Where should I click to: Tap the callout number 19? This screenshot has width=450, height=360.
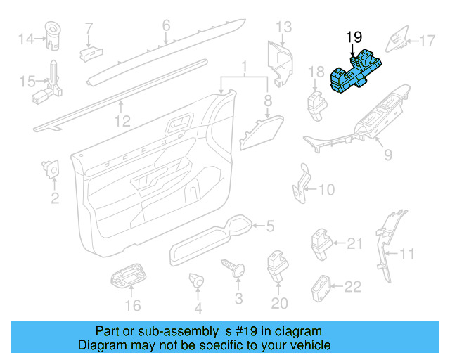353,36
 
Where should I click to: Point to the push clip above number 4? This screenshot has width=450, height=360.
197,281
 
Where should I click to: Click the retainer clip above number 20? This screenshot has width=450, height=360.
275,264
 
